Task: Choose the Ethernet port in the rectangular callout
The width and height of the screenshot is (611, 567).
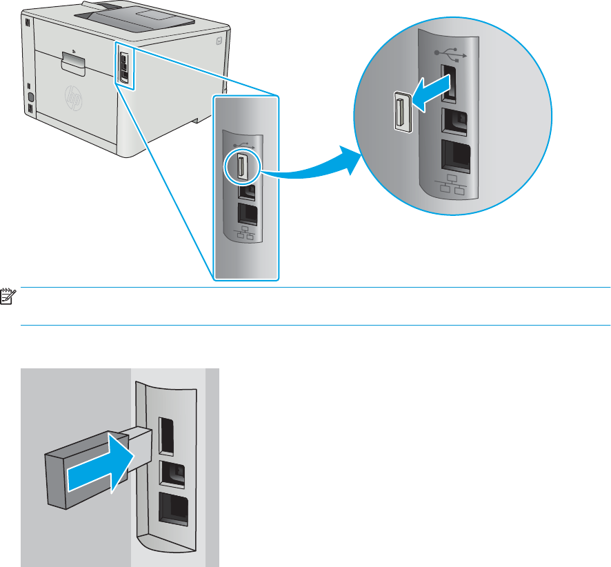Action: pos(246,213)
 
